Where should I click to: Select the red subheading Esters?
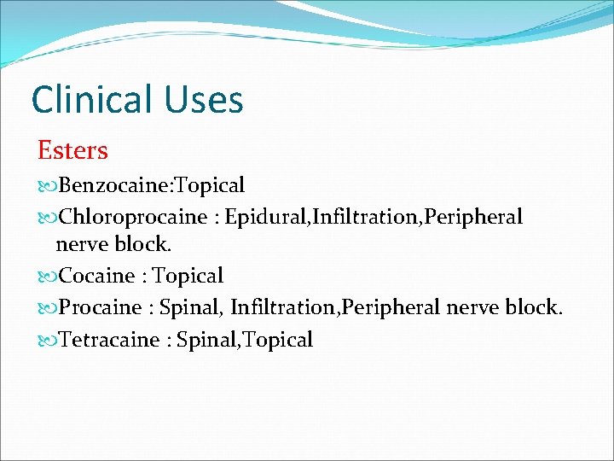pyautogui.click(x=72, y=150)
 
